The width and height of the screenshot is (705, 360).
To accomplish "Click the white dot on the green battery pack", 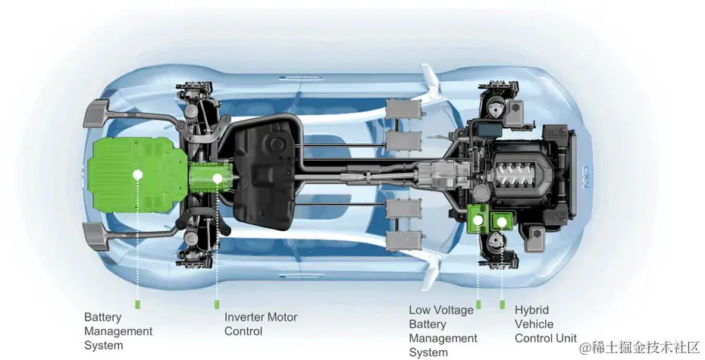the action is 137,175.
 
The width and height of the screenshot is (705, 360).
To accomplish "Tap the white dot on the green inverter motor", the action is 217,179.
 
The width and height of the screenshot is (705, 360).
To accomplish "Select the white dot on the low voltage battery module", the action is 478,221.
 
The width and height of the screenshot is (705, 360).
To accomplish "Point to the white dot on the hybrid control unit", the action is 501,221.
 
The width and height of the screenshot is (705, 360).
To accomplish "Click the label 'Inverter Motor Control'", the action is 261,324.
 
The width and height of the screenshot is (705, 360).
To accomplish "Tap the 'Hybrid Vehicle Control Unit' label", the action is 545,324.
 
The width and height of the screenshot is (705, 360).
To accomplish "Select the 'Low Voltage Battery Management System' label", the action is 443,331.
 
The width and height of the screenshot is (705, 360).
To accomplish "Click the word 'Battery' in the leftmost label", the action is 102,318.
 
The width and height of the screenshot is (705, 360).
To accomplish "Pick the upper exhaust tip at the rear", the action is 97,114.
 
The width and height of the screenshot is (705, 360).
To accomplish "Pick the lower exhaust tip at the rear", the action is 96,236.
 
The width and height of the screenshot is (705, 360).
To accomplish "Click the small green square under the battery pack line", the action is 137,304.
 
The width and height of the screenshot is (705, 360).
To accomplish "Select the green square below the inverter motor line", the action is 217,304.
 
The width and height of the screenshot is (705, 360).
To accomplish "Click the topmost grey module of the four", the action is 404,109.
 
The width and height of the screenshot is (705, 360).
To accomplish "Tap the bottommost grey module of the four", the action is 404,241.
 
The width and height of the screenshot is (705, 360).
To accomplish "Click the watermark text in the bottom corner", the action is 641,347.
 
